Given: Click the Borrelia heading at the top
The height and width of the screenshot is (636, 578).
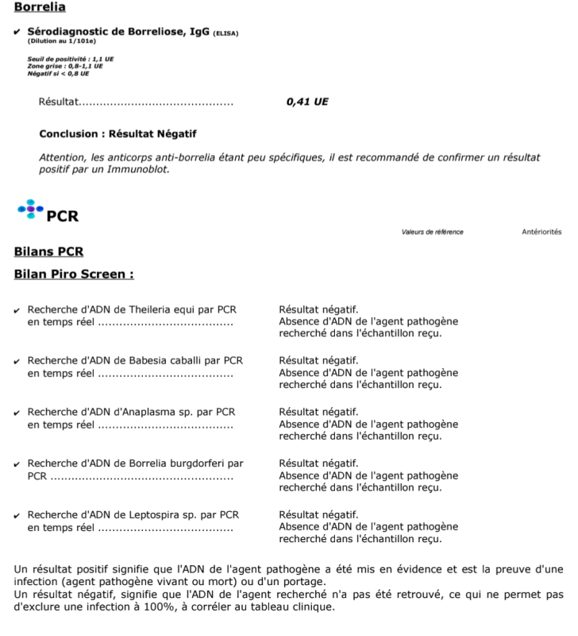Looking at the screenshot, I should point(40,7).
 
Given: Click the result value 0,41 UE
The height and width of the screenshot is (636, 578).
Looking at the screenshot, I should point(307,102).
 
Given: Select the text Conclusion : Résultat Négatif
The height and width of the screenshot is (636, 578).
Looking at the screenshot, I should point(118,134).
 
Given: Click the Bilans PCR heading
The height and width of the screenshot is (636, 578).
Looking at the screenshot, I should point(48,252).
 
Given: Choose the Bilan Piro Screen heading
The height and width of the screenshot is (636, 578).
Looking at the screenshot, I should point(74,274).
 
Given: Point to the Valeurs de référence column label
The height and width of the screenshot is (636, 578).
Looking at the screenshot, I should point(432,232).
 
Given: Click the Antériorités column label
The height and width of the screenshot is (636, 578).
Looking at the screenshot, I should point(541,232).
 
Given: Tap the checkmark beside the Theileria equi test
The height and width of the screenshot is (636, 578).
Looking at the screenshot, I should point(18,310).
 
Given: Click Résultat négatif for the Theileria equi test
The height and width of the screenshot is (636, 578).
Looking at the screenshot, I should point(318,309).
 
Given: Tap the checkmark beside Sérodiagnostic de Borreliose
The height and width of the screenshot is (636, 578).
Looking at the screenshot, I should point(18,32).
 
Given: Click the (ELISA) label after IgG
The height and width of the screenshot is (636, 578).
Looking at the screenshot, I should point(225,33).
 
